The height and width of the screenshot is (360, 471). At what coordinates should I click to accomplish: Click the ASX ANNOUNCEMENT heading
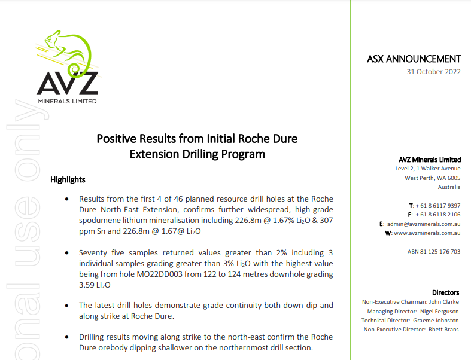pos(414,59)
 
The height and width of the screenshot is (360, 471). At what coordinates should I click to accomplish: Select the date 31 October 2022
pos(433,72)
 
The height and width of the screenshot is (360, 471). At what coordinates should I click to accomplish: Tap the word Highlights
pos(68,179)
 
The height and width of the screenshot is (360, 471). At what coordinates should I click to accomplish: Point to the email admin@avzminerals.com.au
pos(427,224)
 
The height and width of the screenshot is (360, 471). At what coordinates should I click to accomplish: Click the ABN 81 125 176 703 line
pos(434,252)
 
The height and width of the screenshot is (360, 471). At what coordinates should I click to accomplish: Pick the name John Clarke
pos(445,302)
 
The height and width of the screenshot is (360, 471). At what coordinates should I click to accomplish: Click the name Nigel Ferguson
pos(440,311)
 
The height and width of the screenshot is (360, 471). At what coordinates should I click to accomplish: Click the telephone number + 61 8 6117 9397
pos(438,205)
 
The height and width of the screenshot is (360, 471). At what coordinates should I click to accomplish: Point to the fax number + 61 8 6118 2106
pos(438,214)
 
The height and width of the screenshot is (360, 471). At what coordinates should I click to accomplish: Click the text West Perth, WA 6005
pos(433,178)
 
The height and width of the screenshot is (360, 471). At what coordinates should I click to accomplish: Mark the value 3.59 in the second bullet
pos(87,286)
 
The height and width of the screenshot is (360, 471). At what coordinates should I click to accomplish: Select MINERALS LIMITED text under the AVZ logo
pos(67,100)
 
